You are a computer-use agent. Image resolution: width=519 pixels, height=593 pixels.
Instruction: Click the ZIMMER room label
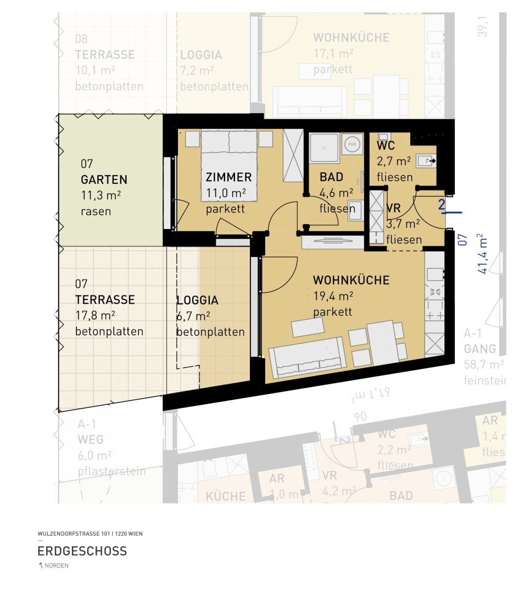click(228, 177)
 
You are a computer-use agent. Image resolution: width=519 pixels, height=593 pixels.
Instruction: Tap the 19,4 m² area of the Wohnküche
click(333, 296)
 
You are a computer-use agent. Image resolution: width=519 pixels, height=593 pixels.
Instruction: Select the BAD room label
click(331, 177)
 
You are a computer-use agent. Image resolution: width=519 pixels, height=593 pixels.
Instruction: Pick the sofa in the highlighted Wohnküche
click(307, 357)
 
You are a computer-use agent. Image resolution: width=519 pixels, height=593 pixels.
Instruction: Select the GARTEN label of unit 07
click(104, 180)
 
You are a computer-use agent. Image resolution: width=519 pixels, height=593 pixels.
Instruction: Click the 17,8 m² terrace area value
click(95, 315)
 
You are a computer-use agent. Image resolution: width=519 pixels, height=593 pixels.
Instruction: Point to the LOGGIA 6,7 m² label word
click(197, 301)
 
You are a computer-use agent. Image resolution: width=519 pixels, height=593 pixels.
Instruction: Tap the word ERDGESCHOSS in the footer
click(82, 551)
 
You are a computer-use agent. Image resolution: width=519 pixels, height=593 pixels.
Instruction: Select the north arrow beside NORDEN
click(40, 566)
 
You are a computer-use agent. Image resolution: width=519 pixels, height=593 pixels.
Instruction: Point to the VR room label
click(393, 209)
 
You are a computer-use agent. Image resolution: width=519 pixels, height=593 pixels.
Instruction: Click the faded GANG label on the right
click(479, 349)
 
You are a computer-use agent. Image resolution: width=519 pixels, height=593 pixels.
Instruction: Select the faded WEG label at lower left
click(90, 440)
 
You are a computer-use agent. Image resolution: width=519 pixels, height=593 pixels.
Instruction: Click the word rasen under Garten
click(96, 211)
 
